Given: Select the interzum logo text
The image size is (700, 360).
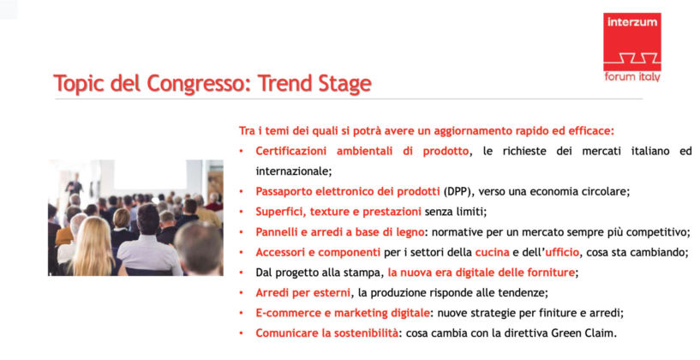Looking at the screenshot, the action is [x=631, y=22].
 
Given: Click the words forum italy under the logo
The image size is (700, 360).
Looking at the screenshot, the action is [x=632, y=77].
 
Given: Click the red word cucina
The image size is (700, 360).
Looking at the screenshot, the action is [x=492, y=252].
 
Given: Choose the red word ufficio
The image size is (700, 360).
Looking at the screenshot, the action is [x=562, y=252].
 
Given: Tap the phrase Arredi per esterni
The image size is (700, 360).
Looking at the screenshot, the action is [x=302, y=293].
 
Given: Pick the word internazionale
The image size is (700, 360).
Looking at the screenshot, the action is [x=292, y=171].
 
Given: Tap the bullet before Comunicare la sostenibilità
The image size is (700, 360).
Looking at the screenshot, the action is [x=242, y=333].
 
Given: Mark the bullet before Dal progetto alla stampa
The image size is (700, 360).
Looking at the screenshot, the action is [x=242, y=273].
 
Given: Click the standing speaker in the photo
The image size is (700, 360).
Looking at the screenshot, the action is [x=74, y=186].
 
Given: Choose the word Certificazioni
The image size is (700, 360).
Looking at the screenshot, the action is [x=290, y=152].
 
